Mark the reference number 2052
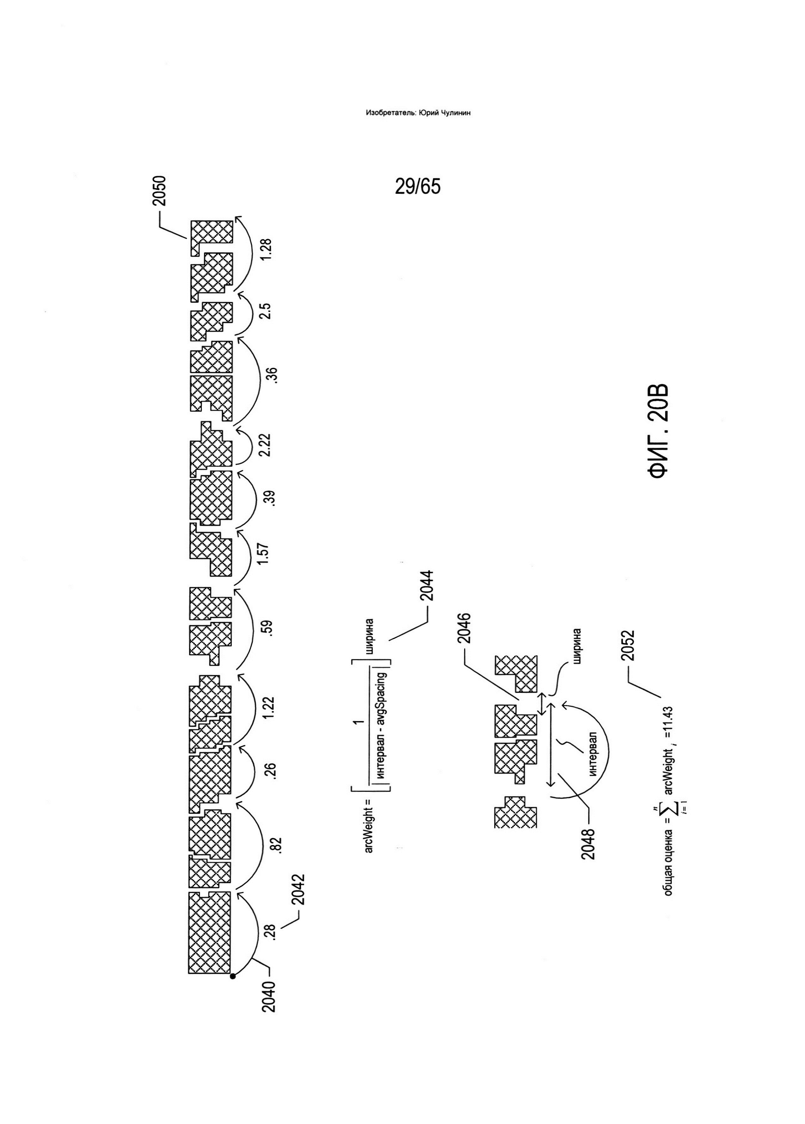coord(628,646)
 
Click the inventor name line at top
coord(418,113)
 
